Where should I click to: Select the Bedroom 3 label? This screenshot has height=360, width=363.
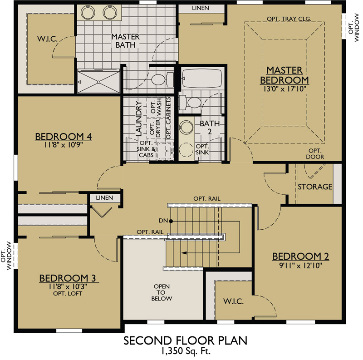coord(67,278)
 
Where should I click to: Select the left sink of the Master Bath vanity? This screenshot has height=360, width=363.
coord(88,13)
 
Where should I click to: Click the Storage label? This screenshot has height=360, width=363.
coord(315,187)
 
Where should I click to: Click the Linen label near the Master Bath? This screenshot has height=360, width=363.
coord(200,8)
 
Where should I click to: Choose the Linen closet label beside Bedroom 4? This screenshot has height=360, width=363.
coord(105,198)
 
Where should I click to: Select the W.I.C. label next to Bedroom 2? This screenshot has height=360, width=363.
coord(233,301)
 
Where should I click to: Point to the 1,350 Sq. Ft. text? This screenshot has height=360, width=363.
coord(186,351)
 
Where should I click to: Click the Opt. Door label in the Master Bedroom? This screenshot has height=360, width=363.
coord(315,153)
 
